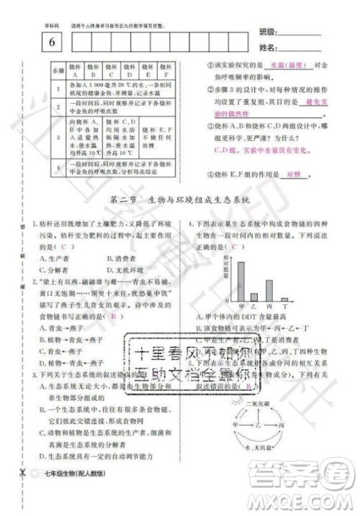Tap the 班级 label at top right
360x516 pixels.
click(x=267, y=33)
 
